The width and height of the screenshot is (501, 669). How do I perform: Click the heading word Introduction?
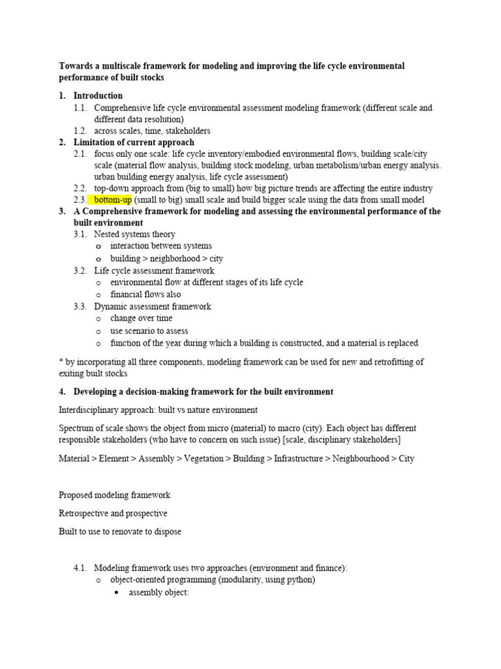click(98, 95)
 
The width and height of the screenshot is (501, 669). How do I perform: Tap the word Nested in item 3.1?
click(108, 234)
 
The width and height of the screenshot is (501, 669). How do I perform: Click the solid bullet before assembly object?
click(116, 593)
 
